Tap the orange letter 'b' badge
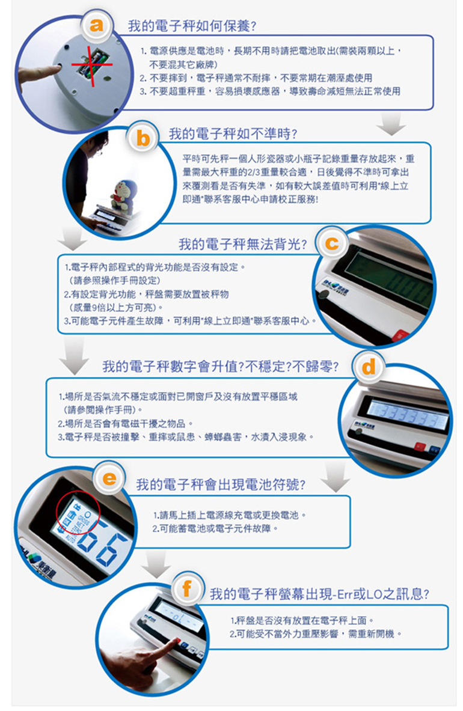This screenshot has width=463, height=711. (143, 138)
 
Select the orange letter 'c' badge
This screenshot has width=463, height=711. (332, 243)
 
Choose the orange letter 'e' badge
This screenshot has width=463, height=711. (109, 478)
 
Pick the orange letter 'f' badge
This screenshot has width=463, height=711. (186, 588)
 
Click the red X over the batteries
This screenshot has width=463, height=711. (92, 65)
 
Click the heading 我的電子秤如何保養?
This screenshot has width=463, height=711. (192, 26)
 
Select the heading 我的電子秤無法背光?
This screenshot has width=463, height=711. (242, 245)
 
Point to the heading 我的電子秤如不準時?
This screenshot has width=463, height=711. (233, 134)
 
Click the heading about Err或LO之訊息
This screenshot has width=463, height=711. (320, 594)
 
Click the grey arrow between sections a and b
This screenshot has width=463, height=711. (391, 124)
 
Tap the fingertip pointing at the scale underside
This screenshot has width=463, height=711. (57, 69)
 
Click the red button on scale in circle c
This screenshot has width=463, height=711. (400, 336)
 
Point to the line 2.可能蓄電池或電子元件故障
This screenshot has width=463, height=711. (215, 528)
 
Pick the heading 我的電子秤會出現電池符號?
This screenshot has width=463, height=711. (221, 485)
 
